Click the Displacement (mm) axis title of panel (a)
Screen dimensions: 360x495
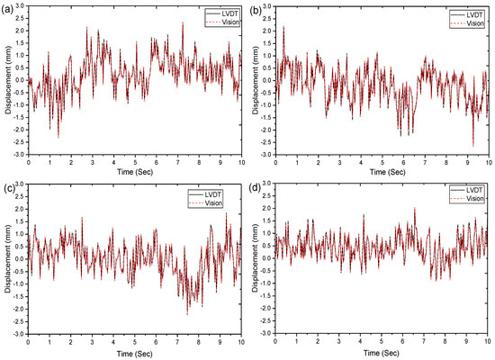pos(6,81)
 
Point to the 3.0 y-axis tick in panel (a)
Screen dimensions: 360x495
pos(21,7)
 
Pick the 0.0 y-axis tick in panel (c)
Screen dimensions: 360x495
pos(21,260)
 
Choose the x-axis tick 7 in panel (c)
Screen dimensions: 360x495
pos(178,340)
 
